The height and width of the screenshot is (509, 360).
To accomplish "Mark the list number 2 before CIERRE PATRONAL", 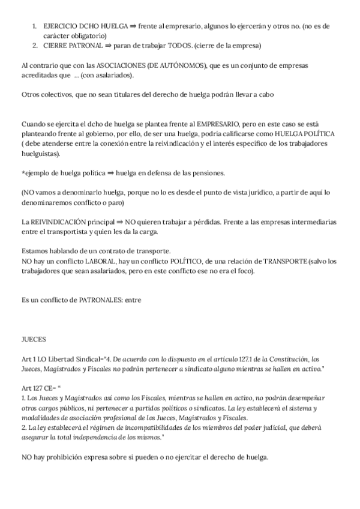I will coord(35,45).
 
